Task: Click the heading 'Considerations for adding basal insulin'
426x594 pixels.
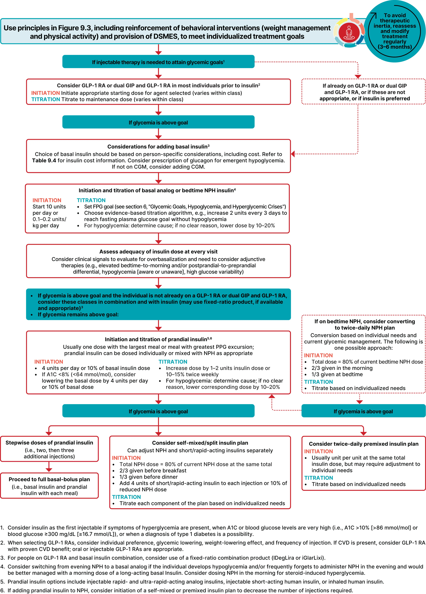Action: [x=158, y=146]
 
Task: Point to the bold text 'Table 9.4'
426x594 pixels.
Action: [x=44, y=160]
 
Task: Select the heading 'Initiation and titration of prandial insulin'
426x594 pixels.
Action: [x=158, y=339]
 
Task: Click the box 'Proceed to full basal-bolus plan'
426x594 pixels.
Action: [x=49, y=486]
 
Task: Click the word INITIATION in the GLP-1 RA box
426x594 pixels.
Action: [x=46, y=93]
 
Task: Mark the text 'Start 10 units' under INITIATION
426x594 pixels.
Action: [x=49, y=207]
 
